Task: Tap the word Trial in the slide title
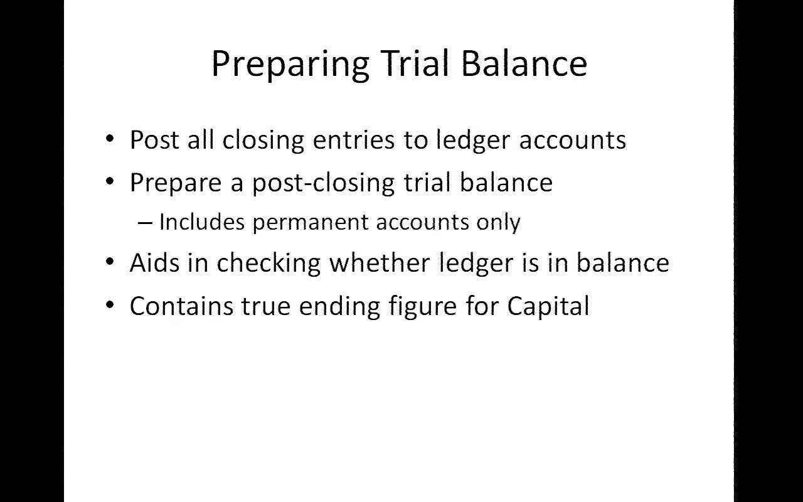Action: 415,63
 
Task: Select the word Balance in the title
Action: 524,63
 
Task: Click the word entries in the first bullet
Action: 354,140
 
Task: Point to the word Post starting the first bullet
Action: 154,139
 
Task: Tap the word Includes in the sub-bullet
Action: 202,222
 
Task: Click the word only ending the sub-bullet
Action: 498,223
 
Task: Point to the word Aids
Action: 154,263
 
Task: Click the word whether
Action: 380,263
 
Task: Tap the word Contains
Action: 181,306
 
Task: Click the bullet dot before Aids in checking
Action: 110,262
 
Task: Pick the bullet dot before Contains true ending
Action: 110,305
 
